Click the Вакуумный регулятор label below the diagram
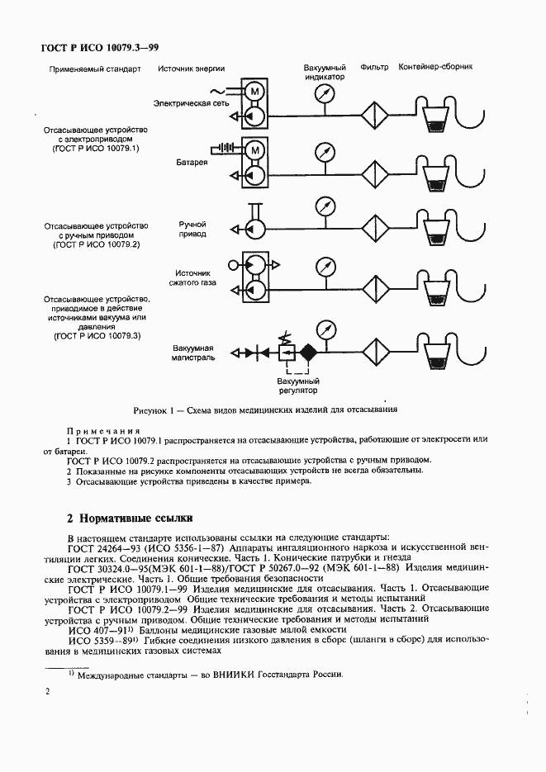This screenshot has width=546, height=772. [x=298, y=386]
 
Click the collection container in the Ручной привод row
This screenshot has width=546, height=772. [x=434, y=231]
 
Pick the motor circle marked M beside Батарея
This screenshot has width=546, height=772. [x=256, y=150]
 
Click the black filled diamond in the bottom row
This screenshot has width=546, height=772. [x=308, y=353]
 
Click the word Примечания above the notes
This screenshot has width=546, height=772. [x=102, y=431]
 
